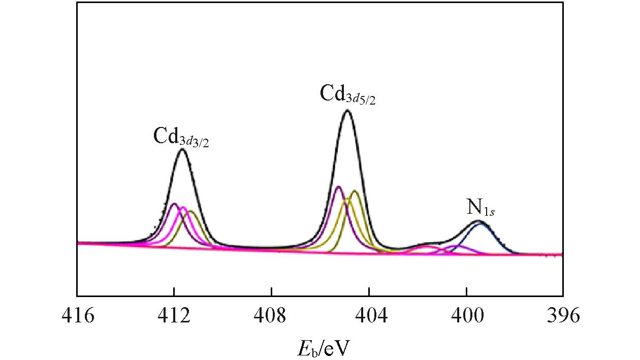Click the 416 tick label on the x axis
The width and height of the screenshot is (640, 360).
tap(77, 316)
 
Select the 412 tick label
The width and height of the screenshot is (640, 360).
tap(174, 316)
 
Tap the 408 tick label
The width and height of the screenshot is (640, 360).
tap(272, 316)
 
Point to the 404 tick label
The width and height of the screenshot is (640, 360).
tap(369, 316)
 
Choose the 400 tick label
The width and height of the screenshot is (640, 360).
tap(466, 316)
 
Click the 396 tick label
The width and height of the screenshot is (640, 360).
tap(563, 316)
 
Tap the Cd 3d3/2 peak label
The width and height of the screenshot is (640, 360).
tap(181, 137)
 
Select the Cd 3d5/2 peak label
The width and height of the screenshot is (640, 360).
tap(347, 94)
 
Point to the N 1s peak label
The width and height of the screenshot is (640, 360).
tap(481, 208)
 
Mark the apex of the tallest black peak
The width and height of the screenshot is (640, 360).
tap(347, 110)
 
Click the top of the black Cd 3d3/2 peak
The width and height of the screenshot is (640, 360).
tap(182, 149)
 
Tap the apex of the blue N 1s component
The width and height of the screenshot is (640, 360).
tap(481, 224)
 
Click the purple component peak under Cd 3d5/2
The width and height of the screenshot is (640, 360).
tap(338, 187)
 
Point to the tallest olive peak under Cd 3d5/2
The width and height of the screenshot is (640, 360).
tap(355, 191)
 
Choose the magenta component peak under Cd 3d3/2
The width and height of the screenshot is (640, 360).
tap(182, 207)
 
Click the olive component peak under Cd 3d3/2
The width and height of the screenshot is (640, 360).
tap(191, 211)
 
